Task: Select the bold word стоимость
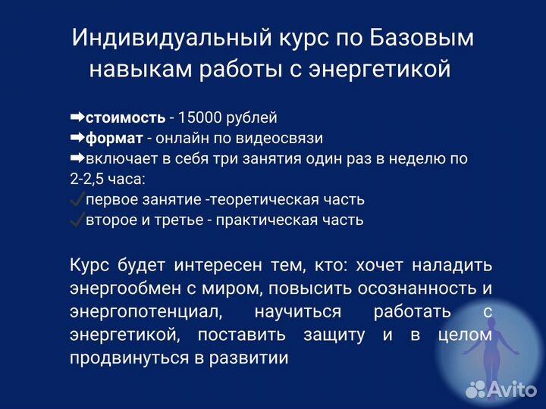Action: click(x=125, y=118)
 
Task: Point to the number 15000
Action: click(x=199, y=118)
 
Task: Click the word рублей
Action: click(x=252, y=118)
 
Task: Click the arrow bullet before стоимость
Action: click(x=77, y=118)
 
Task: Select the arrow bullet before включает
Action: click(x=77, y=159)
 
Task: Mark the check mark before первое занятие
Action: click(x=77, y=200)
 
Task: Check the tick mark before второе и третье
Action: click(x=77, y=220)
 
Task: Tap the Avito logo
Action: click(x=500, y=390)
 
